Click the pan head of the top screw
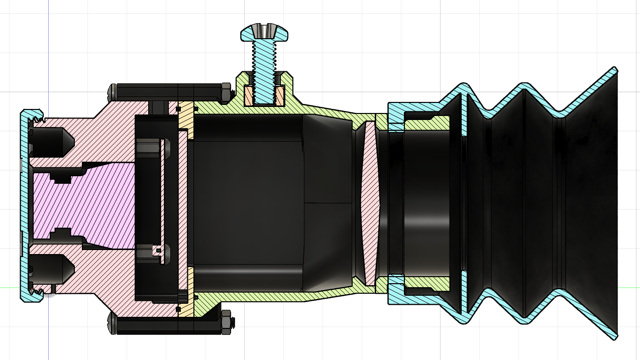click(265, 33)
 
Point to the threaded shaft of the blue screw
click(265, 70)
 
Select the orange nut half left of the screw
click(249, 96)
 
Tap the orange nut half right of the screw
click(281, 96)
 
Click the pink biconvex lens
click(369, 201)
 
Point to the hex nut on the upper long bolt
click(226, 91)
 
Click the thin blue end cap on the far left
click(23, 201)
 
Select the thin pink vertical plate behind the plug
click(183, 201)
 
